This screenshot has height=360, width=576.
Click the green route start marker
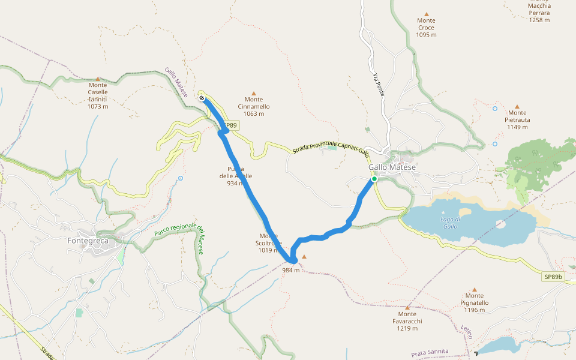pos(374,179)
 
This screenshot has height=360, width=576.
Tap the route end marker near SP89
pos(203,98)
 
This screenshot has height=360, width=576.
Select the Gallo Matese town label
pos(392,167)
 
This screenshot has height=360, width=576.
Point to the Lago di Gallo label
pos(449,222)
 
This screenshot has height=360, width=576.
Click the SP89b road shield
pos(554,277)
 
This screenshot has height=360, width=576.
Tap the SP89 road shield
pos(230,126)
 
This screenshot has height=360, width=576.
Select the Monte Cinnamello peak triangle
pos(253,94)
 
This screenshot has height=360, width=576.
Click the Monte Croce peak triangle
pos(427,14)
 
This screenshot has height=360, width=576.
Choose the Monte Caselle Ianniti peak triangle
pos(98,79)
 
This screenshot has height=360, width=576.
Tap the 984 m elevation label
pos(290,270)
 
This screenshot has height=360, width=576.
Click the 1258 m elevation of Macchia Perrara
pos(539,20)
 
